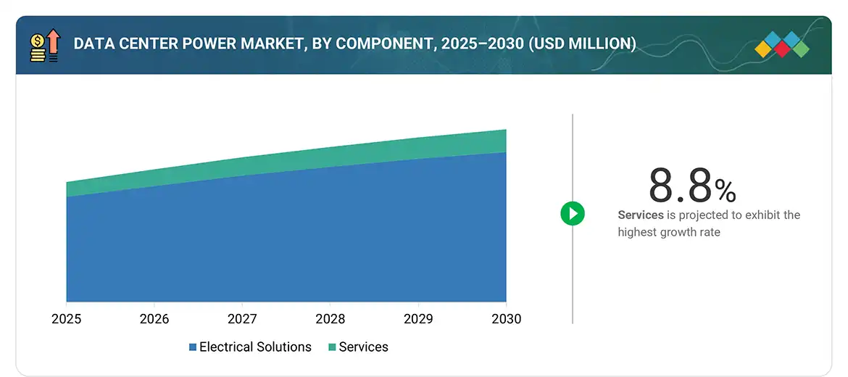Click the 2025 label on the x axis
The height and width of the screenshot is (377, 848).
66,319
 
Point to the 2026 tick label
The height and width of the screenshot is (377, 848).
154,319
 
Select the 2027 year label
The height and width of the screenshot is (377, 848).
242,319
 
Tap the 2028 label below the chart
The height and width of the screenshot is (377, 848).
330,319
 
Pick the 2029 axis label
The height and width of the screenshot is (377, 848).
418,319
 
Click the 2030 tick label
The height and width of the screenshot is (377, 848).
506,319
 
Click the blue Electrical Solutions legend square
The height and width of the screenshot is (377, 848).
193,347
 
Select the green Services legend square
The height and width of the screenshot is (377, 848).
332,347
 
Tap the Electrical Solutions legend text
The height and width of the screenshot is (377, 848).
255,347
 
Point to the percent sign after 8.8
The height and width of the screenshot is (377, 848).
726,191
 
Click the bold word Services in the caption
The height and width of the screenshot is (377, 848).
641,215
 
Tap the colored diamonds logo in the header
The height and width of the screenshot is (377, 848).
782,44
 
